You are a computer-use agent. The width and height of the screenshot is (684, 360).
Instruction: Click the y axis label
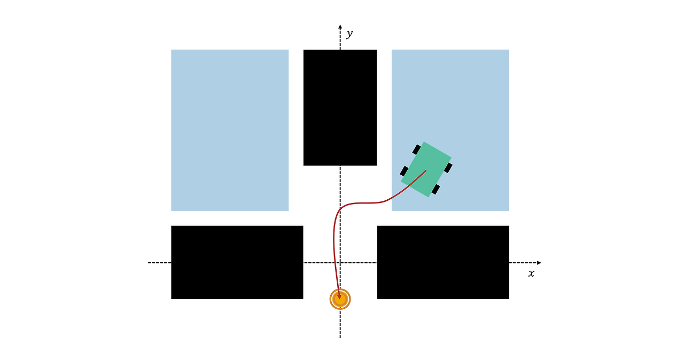coord(349,34)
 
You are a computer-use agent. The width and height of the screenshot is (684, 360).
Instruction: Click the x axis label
coord(531,273)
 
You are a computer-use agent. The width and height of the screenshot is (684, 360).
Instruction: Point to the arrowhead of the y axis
coord(340,26)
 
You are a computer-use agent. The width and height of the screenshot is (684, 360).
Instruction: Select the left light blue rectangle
coord(230,130)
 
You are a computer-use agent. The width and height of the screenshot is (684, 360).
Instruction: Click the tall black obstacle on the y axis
coord(340,107)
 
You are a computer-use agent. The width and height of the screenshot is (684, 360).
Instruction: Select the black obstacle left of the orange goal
coord(237,262)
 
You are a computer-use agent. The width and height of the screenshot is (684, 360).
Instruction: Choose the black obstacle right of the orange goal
coord(443,262)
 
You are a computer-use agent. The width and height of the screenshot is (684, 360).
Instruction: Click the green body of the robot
coord(426,169)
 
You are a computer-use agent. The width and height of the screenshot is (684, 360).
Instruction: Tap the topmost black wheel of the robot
coord(416,150)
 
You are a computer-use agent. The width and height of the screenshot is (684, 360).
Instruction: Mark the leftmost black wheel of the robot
coord(404,171)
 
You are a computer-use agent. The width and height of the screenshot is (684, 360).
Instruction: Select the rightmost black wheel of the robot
coord(448,168)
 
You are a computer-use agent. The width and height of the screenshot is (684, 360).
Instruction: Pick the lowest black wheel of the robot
coord(436,190)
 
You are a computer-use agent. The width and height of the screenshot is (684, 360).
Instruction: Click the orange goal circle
coord(340,299)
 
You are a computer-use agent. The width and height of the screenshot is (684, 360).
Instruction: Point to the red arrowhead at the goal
coord(339,295)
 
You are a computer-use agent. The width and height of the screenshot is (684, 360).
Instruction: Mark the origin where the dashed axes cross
coord(340,263)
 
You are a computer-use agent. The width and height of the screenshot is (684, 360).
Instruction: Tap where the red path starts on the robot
coord(426,170)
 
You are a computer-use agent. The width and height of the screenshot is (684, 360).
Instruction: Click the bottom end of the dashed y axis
coord(340,336)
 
